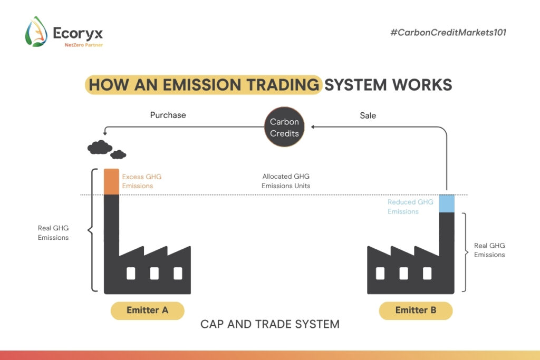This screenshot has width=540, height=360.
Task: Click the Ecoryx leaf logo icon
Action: click(x=36, y=32)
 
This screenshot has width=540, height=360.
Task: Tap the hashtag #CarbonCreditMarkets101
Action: click(x=448, y=33)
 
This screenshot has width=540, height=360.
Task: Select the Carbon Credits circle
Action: click(x=284, y=128)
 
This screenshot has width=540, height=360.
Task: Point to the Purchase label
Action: click(x=168, y=115)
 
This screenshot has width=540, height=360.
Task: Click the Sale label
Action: click(x=368, y=115)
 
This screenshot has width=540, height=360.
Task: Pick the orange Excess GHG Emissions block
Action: click(x=111, y=182)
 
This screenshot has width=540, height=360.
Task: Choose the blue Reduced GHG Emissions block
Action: click(x=446, y=203)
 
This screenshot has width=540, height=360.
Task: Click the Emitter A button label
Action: click(x=147, y=310)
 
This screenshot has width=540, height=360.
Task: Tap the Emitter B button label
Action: click(x=416, y=310)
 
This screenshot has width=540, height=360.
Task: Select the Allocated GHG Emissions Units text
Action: click(x=286, y=181)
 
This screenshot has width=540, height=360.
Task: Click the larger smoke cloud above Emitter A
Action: click(x=99, y=147)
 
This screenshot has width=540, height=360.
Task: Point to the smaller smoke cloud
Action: click(x=118, y=154)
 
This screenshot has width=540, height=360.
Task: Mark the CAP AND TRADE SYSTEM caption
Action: click(x=270, y=324)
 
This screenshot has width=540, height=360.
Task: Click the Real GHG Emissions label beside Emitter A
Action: click(x=53, y=233)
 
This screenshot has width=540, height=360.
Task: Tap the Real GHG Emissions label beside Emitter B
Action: click(x=489, y=250)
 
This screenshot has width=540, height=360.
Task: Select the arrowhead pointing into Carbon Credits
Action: click(x=313, y=127)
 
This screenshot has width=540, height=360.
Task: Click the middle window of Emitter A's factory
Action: click(x=154, y=273)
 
